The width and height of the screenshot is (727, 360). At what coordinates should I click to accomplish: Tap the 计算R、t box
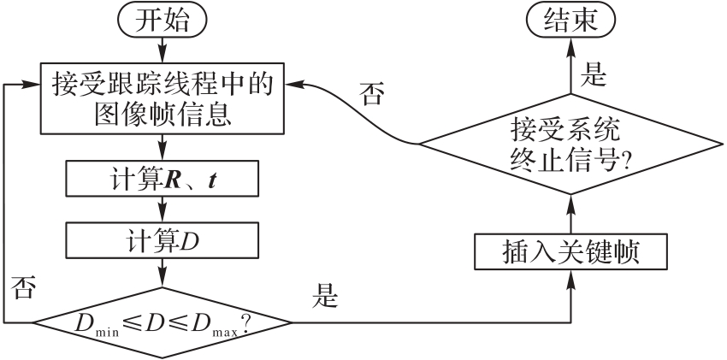point(162,179)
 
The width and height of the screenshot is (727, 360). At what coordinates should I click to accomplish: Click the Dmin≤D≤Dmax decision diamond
point(162,323)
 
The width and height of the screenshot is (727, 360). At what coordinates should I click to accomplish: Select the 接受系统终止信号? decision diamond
point(570,145)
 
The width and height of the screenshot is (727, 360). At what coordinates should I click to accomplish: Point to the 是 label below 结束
point(593,75)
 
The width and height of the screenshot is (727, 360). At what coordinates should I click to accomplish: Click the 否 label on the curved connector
point(370,93)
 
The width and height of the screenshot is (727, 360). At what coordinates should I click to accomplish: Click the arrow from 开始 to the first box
point(162,50)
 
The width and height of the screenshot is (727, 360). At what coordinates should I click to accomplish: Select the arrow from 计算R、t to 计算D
point(162,210)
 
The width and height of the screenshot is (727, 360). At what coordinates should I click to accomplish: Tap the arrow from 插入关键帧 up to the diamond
point(570,216)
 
